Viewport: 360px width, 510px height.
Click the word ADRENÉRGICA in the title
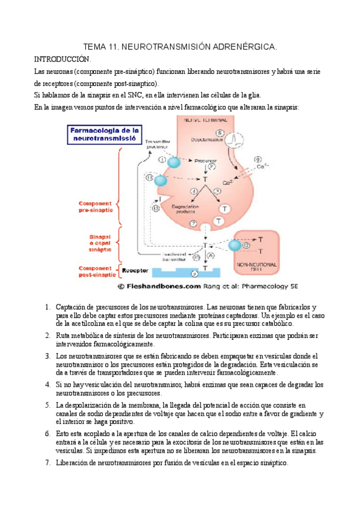point(246,46)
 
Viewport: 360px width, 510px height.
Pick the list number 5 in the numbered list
point(47,405)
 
